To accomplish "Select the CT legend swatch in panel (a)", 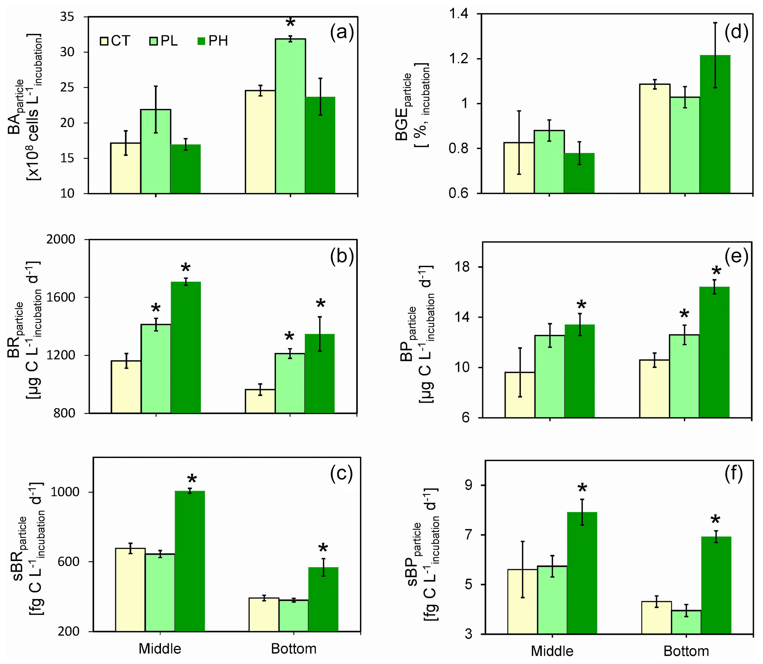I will pyautogui.click(x=104, y=41).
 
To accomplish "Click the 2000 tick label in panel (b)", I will pyautogui.click(x=61, y=240).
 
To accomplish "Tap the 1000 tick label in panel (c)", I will pyautogui.click(x=65, y=492).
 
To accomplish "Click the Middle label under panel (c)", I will pyautogui.click(x=160, y=648).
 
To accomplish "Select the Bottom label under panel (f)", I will pyautogui.click(x=686, y=651).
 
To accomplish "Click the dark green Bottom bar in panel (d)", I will pyautogui.click(x=715, y=124).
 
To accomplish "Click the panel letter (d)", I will pyautogui.click(x=736, y=32).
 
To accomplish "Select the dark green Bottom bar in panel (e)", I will pyautogui.click(x=714, y=352).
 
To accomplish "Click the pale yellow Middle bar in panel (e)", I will pyautogui.click(x=520, y=395).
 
